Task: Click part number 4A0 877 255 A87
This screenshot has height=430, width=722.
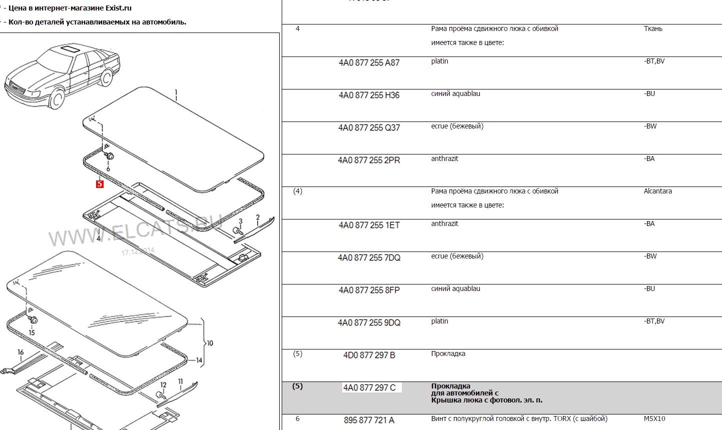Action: (x=369, y=63)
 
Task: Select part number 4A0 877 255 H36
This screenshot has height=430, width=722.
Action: (x=369, y=95)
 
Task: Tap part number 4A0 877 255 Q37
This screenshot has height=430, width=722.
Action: (x=369, y=128)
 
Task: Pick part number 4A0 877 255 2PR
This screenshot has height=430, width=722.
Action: (x=369, y=160)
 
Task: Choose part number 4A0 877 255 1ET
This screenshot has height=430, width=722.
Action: (x=369, y=225)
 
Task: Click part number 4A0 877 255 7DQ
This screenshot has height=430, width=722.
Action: (x=369, y=258)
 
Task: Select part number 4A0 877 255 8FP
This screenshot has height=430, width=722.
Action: (x=369, y=290)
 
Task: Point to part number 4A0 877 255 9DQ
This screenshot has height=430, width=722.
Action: (x=369, y=323)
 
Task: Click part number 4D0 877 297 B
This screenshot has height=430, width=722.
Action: (x=369, y=355)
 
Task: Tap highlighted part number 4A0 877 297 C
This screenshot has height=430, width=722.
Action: (x=369, y=388)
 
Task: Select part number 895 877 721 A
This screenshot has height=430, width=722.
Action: (x=369, y=420)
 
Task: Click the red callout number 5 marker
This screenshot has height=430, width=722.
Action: (x=100, y=184)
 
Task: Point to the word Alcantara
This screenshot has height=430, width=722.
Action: (x=657, y=191)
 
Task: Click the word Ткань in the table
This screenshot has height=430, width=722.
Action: (x=653, y=29)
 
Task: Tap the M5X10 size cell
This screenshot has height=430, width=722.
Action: (x=654, y=419)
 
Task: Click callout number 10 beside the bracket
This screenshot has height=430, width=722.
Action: (x=210, y=343)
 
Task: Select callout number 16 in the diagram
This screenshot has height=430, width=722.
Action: (x=21, y=352)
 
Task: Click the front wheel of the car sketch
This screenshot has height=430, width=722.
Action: (x=57, y=98)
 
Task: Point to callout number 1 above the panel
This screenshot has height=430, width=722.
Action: (x=176, y=92)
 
